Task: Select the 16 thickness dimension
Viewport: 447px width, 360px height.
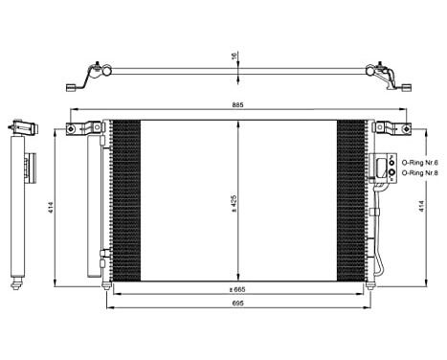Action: click(x=232, y=56)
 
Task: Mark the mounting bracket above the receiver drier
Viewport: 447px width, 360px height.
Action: click(x=86, y=128)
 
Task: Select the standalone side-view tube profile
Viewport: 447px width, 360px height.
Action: click(x=17, y=206)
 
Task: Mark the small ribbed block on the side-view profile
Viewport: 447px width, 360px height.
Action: click(x=29, y=168)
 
